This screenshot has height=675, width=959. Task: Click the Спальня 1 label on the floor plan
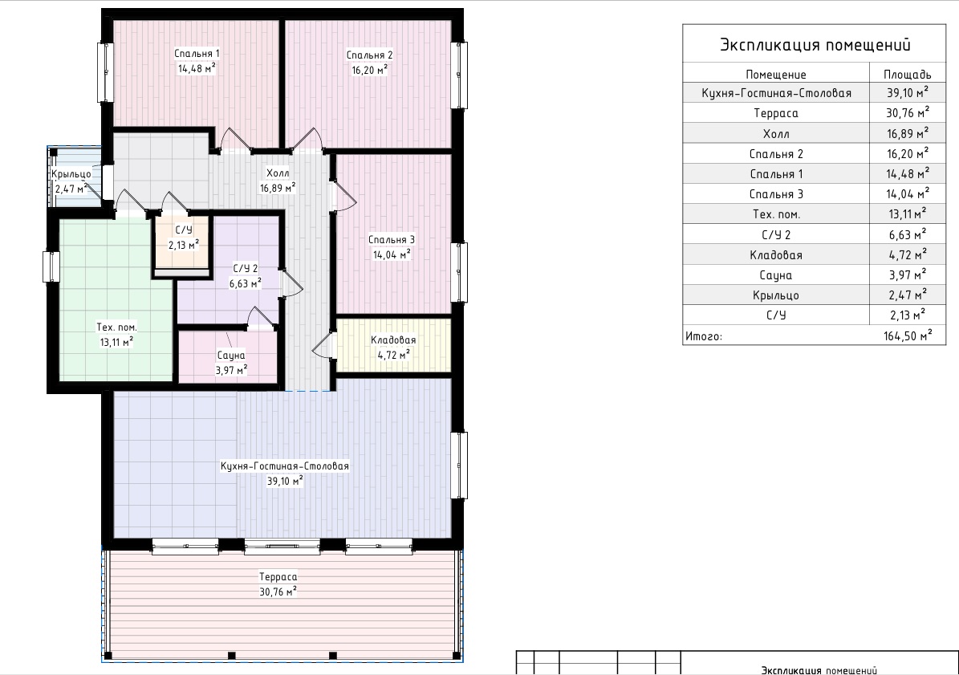197,54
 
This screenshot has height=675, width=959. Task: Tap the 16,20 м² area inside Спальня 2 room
369,70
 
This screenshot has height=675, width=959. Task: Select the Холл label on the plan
278,173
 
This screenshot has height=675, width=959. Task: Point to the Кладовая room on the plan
393,345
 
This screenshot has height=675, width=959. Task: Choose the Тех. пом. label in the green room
116,327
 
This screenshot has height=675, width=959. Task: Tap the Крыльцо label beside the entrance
71,174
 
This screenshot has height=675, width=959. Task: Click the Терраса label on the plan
278,576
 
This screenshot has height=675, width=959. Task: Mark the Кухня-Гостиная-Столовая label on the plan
284,466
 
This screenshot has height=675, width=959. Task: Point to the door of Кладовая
323,345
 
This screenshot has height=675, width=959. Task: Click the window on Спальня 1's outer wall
106,72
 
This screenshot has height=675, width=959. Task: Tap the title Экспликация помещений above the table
815,45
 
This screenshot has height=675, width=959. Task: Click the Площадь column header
907,75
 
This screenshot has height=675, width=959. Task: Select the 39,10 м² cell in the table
908,93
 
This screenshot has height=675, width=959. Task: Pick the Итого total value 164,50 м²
908,335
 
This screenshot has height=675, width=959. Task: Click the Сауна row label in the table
775,275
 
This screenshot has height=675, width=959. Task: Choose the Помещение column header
775,75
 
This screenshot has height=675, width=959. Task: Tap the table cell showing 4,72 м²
908,255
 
